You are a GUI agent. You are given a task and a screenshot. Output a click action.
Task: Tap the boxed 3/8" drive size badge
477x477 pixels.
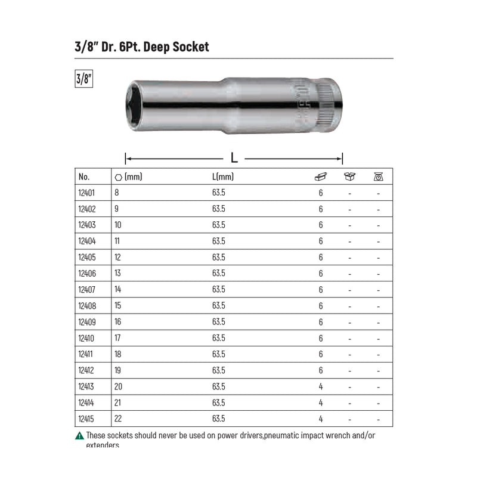[x=84, y=79]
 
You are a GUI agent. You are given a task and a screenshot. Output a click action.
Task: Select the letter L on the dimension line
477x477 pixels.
[x=234, y=158]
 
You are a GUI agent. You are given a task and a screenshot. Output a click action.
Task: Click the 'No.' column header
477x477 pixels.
[x=83, y=176]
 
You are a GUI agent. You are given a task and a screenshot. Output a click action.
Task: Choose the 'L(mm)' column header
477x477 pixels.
[x=222, y=176]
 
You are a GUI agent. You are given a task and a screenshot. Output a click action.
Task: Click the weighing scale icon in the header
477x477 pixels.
[x=378, y=176]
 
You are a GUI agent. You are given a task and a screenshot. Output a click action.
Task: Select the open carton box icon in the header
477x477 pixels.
[x=349, y=176]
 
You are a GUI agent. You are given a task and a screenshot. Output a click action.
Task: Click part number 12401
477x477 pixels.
[x=86, y=193]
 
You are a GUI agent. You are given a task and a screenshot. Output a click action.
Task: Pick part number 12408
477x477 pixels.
[x=86, y=306]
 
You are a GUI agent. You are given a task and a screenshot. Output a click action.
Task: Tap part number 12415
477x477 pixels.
[x=86, y=419]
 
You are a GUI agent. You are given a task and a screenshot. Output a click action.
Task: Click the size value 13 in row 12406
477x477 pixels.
[x=117, y=274]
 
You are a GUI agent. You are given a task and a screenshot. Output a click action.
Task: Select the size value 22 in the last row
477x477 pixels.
[x=117, y=419]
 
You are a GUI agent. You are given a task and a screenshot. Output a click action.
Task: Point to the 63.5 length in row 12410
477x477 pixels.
[x=219, y=338]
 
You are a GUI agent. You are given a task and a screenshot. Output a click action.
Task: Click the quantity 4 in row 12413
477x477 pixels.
[x=321, y=386]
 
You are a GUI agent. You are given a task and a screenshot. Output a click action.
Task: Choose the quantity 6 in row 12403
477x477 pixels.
[x=321, y=225]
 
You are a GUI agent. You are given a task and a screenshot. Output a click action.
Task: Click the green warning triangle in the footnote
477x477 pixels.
[x=80, y=436]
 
